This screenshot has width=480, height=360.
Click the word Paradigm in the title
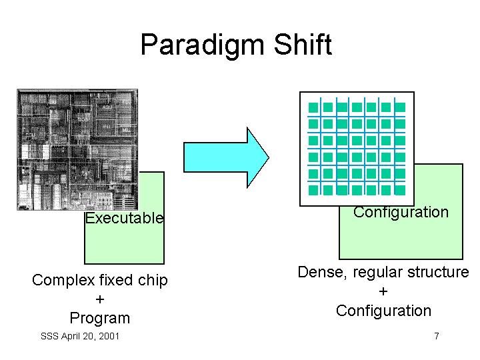tap(202, 45)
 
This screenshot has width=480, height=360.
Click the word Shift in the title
tap(303, 45)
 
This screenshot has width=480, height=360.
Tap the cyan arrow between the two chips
tap(226, 157)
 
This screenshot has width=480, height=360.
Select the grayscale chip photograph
tap(77, 150)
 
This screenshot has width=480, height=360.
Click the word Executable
tap(125, 218)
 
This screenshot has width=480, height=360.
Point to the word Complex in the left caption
tap(63, 280)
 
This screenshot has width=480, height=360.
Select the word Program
tap(100, 318)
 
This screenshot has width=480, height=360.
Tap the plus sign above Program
tap(100, 299)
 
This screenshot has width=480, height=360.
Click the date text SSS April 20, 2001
tap(79, 336)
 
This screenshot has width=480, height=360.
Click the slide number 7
tap(437, 336)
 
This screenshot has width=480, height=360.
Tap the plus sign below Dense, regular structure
tap(383, 291)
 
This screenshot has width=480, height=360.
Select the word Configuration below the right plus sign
tap(383, 311)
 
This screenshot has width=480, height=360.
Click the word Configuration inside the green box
tap(401, 212)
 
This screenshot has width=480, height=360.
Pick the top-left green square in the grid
tap(313, 107)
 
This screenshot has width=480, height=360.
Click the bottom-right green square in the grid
tap(400, 190)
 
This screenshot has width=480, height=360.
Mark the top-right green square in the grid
tap(400, 107)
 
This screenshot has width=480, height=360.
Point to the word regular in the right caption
tap(377, 272)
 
